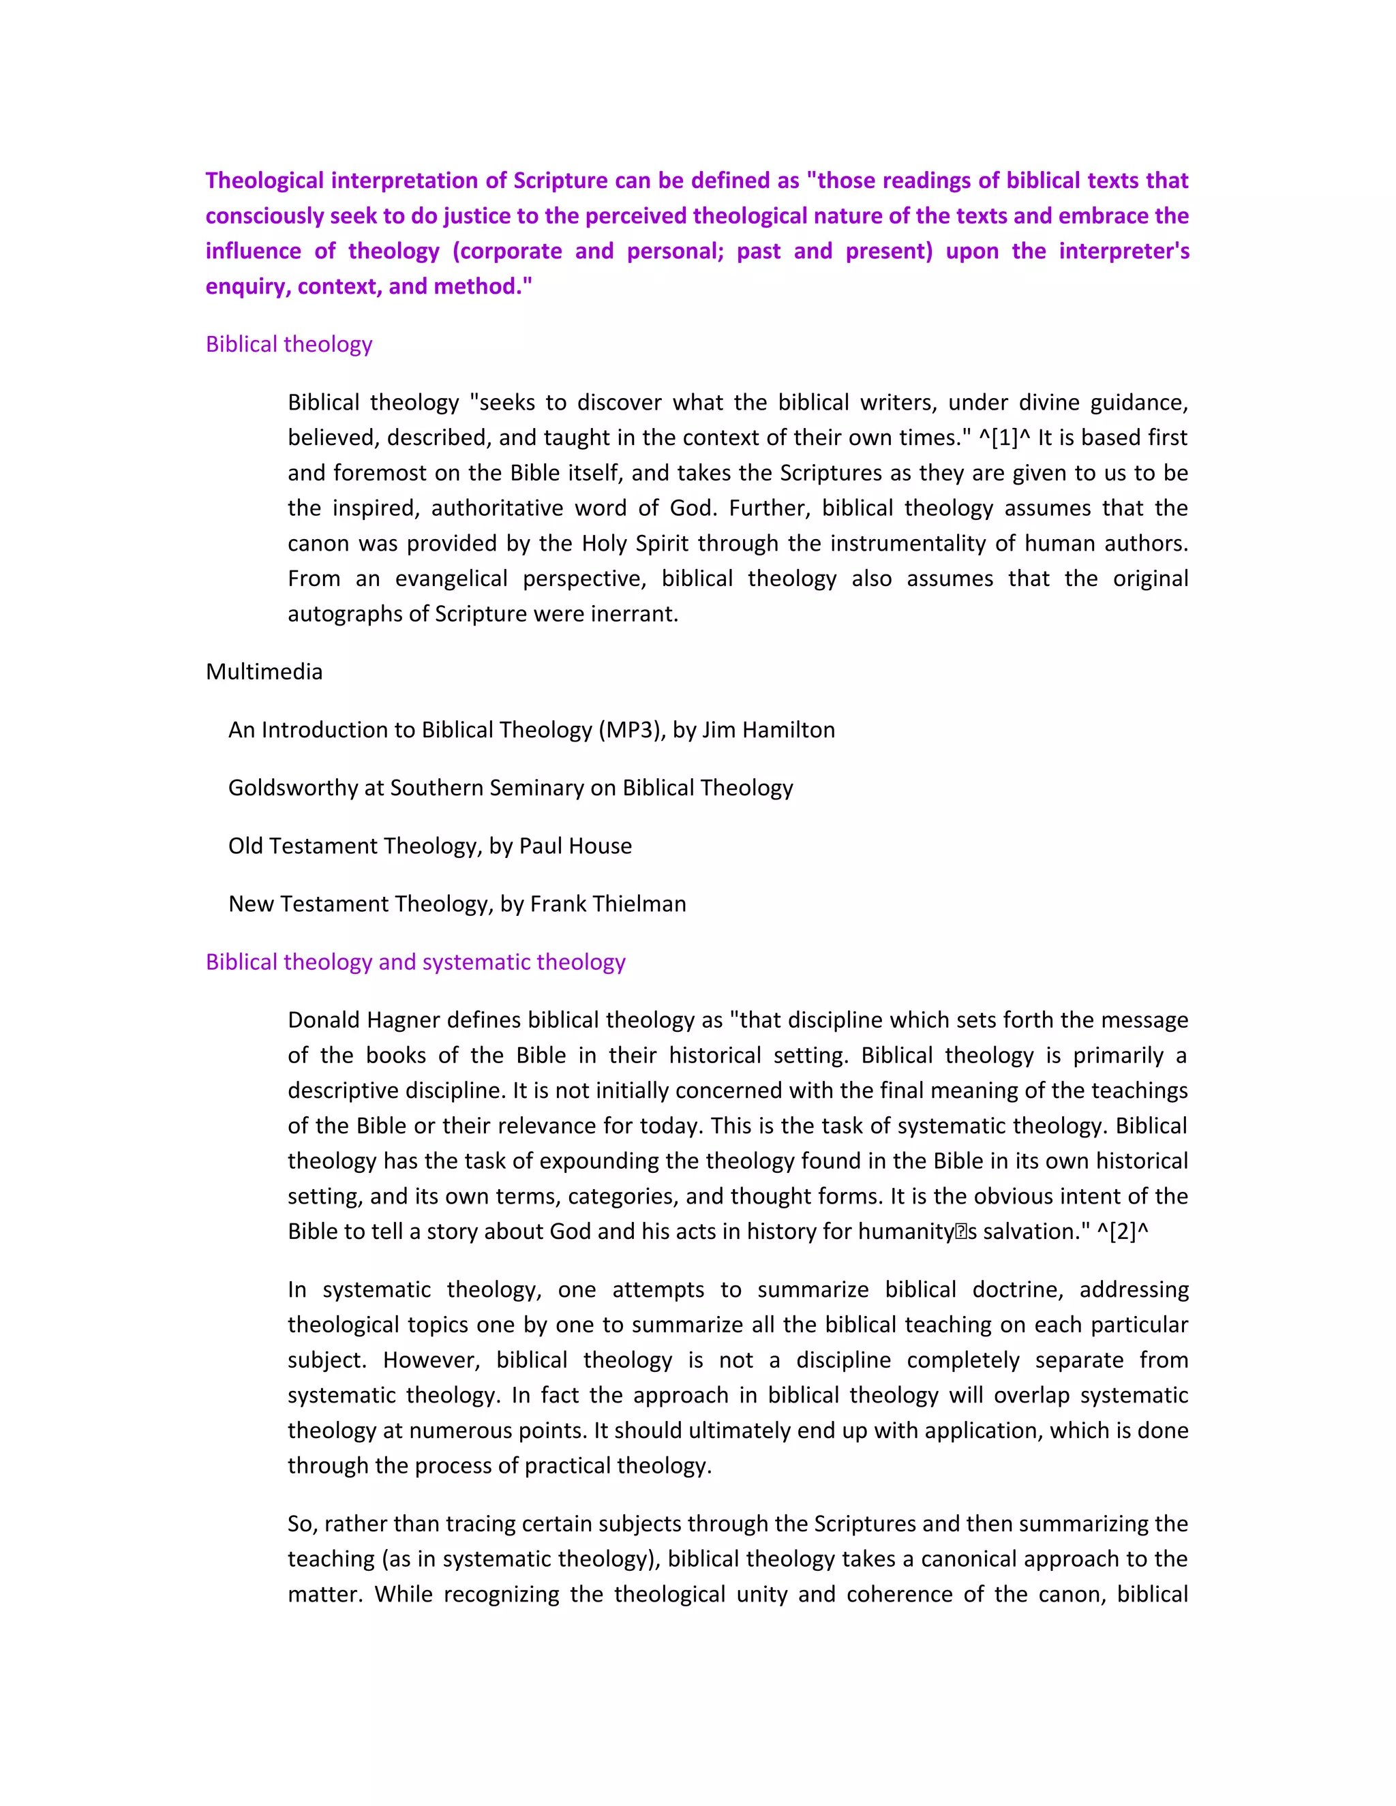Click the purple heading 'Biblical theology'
[288, 344]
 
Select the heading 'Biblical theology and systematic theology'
[415, 962]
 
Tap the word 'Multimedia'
[264, 671]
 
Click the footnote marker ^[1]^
[1004, 438]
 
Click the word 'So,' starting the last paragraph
[303, 1523]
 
